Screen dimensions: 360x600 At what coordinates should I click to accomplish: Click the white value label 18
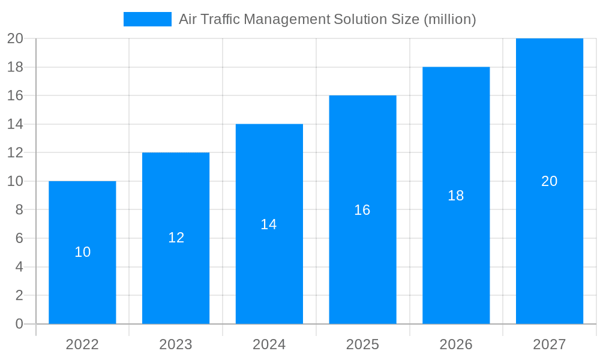click(456, 196)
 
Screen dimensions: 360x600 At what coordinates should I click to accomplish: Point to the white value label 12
click(176, 238)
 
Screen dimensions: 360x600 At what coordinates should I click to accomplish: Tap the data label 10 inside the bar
click(82, 253)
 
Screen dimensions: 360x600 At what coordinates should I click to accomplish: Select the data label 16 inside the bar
click(362, 210)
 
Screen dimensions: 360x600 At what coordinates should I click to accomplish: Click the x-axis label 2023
click(176, 344)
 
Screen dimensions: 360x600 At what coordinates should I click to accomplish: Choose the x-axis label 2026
click(456, 344)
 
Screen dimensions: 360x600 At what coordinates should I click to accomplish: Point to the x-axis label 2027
click(550, 344)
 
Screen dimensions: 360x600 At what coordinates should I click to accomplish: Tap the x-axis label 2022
click(82, 344)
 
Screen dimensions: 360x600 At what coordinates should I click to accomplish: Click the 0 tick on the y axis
click(19, 324)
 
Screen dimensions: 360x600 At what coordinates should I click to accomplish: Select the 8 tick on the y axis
click(19, 210)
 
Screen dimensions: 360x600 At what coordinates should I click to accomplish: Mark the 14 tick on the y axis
click(15, 124)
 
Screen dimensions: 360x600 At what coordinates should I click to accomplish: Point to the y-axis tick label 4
click(19, 267)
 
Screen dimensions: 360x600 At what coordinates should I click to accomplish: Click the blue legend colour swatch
click(148, 19)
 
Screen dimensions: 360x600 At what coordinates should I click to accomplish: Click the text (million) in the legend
click(450, 19)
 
